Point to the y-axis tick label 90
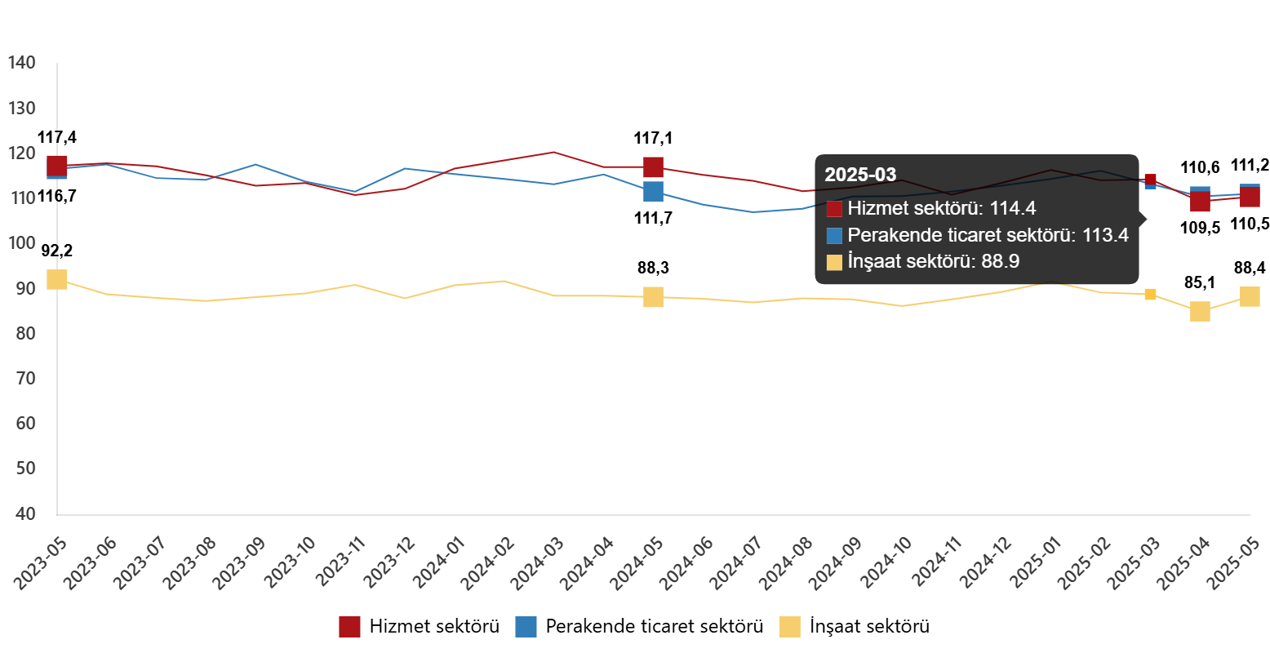click(x=23, y=288)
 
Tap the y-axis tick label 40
click(x=23, y=513)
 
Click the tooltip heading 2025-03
click(x=860, y=175)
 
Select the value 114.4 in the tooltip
click(x=1013, y=208)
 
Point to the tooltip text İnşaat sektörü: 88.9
click(x=934, y=261)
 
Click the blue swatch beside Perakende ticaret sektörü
click(x=834, y=236)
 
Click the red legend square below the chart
click(x=349, y=627)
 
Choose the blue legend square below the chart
click(x=526, y=627)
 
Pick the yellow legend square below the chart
click(x=789, y=627)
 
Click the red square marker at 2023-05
click(x=57, y=166)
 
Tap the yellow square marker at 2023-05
click(x=57, y=279)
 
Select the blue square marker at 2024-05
click(x=653, y=192)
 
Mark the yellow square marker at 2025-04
click(x=1200, y=311)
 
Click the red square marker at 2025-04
click(x=1200, y=202)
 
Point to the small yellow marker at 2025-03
click(x=1150, y=294)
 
